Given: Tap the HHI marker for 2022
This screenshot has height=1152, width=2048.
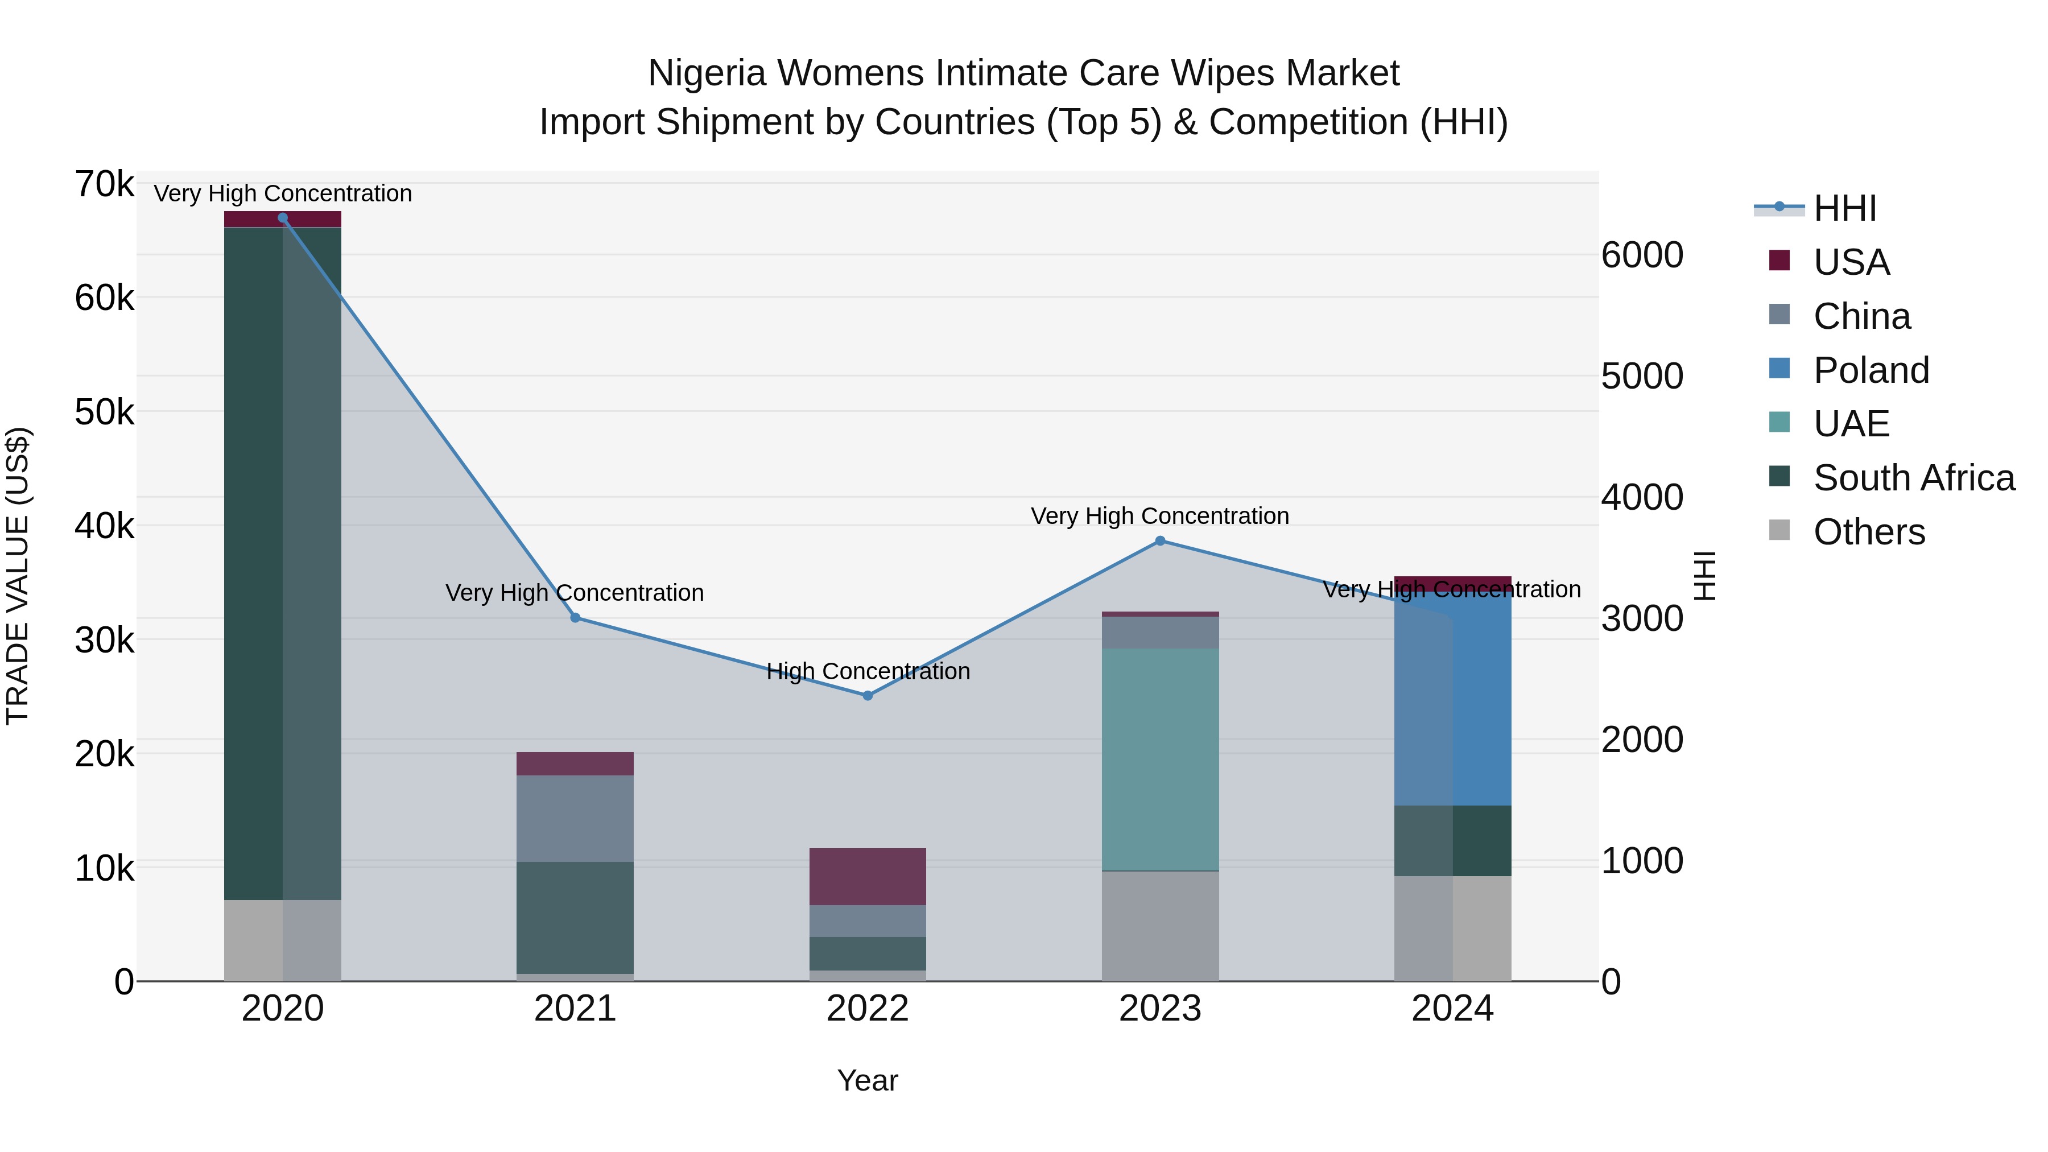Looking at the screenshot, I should [x=868, y=696].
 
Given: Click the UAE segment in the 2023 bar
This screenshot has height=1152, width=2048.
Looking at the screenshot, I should [x=1160, y=759].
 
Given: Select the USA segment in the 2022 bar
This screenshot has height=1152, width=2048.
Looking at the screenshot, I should [x=868, y=876].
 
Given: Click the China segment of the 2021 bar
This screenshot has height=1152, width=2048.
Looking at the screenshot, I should [x=575, y=818].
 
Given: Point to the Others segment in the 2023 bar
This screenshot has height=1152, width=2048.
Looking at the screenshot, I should [x=1160, y=926].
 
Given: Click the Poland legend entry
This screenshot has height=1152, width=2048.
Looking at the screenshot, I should [x=1871, y=370].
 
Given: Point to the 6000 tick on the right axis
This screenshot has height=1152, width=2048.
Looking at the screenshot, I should [x=1642, y=255].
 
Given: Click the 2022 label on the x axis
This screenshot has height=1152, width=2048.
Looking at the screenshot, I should [x=868, y=1009].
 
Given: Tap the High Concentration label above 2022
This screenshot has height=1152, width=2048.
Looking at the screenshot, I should [x=868, y=671].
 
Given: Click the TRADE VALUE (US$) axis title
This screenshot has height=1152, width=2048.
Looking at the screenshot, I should [x=18, y=576].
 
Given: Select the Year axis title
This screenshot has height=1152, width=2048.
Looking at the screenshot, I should [x=868, y=1080].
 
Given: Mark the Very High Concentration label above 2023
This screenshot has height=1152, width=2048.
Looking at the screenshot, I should [x=1160, y=516].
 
